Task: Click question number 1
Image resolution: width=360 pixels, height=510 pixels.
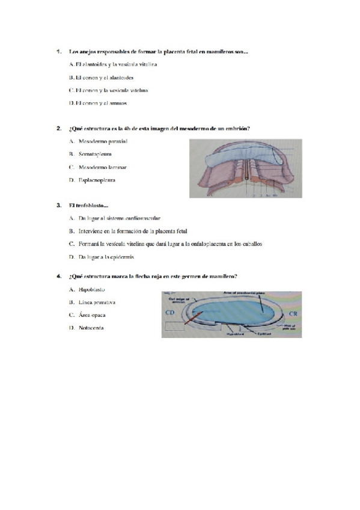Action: pyautogui.click(x=58, y=51)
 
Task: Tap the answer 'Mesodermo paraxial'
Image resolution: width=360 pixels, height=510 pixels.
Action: pyautogui.click(x=103, y=141)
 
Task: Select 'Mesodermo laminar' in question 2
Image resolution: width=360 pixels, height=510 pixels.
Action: pyautogui.click(x=102, y=167)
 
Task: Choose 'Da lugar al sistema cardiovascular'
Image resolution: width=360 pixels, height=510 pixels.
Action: pyautogui.click(x=120, y=218)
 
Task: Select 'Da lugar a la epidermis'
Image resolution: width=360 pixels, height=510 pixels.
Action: pyautogui.click(x=106, y=257)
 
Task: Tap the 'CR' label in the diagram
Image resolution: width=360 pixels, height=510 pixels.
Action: pyautogui.click(x=293, y=314)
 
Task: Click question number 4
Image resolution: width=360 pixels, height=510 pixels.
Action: pyautogui.click(x=58, y=277)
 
